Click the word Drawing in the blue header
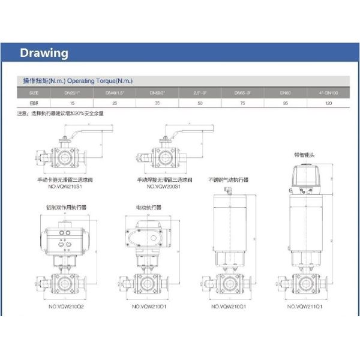[44, 53]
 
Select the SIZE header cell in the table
[34, 93]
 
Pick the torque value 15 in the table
[71, 103]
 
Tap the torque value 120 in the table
[328, 103]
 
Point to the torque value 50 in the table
[200, 103]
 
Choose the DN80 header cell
[285, 93]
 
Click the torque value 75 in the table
[242, 103]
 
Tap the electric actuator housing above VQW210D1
[148, 234]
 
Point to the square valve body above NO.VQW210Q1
[228, 283]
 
